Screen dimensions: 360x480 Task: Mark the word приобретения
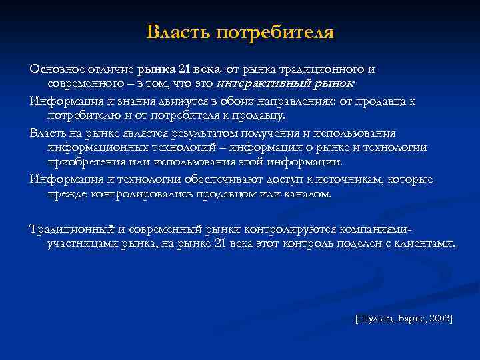point(84,161)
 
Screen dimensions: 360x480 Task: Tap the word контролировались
point(142,194)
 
